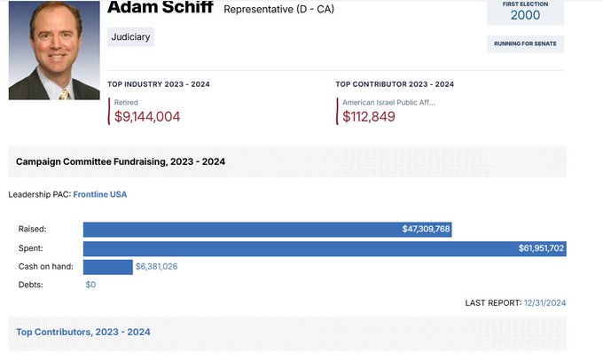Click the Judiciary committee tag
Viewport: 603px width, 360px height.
[131, 37]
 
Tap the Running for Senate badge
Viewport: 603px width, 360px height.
[525, 43]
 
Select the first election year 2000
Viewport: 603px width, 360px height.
[525, 15]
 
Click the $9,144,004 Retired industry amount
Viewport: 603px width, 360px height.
[147, 116]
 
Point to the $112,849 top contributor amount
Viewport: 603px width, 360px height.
[369, 116]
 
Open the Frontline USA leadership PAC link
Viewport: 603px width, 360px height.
[100, 194]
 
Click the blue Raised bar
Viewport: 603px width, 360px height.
[266, 230]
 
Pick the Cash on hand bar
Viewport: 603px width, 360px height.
[107, 267]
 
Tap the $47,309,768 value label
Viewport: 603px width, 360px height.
[426, 230]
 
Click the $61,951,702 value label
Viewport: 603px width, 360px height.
[541, 248]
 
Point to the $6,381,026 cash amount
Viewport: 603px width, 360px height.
[156, 267]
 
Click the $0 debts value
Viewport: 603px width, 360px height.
[90, 285]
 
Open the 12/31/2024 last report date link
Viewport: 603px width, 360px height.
[544, 303]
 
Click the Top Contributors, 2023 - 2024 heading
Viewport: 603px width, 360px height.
[83, 332]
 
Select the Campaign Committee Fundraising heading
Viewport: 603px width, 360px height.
[121, 161]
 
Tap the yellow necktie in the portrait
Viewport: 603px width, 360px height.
[64, 93]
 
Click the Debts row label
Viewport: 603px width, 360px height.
[30, 285]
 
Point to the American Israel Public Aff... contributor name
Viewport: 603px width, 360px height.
[389, 103]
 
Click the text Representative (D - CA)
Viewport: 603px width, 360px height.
[278, 10]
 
